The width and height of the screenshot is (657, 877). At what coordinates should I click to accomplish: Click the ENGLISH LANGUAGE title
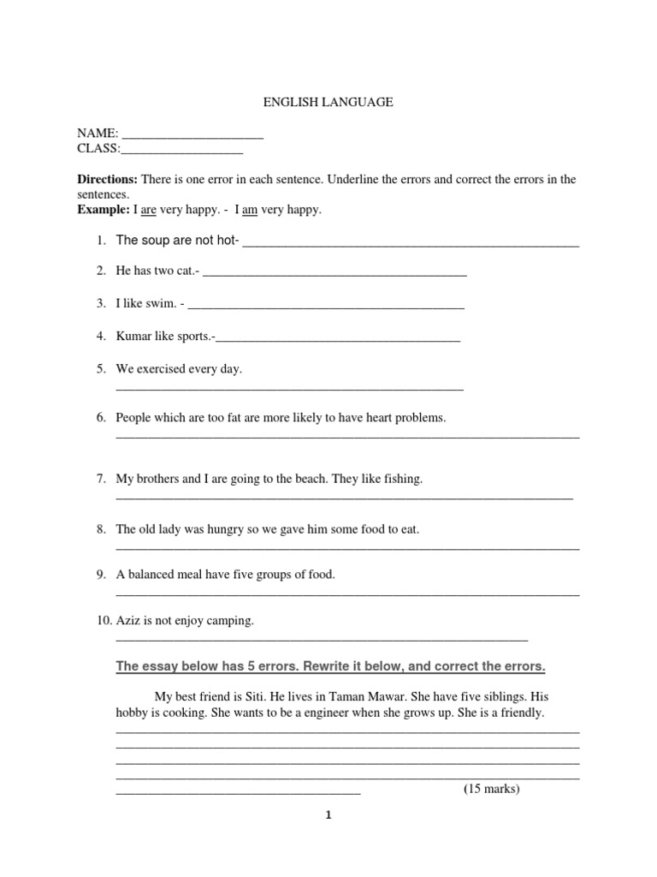[x=328, y=102]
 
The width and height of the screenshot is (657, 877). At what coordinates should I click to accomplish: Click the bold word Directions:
[x=108, y=179]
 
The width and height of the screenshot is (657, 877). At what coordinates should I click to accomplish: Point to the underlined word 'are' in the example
[x=148, y=210]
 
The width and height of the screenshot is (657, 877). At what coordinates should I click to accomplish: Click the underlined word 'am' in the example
[x=250, y=210]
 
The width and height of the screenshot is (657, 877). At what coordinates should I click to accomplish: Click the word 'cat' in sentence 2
[x=184, y=271]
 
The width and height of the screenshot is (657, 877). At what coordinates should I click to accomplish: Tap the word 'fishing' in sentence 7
[x=402, y=479]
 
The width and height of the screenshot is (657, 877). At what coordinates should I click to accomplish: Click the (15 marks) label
[x=491, y=789]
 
